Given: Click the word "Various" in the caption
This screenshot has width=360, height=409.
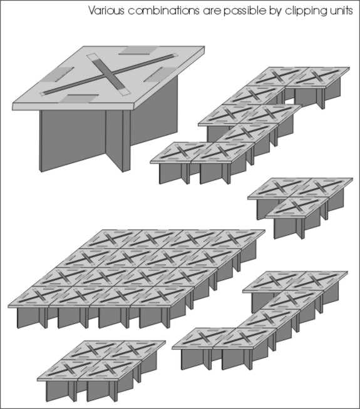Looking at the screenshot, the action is tap(106, 11).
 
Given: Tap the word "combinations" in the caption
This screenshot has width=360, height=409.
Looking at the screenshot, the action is tap(164, 11).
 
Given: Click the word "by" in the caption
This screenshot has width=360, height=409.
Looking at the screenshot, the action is tap(275, 11).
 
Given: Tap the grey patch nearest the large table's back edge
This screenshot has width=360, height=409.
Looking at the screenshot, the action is tap(136, 51).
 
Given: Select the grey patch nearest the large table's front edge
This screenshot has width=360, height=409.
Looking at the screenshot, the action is tap(80, 99).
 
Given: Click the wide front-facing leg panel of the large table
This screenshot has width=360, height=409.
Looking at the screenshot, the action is tap(73, 140).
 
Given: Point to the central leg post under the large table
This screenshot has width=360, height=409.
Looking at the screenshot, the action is tap(126, 141).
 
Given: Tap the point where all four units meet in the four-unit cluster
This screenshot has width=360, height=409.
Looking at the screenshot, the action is tap(102, 360).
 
